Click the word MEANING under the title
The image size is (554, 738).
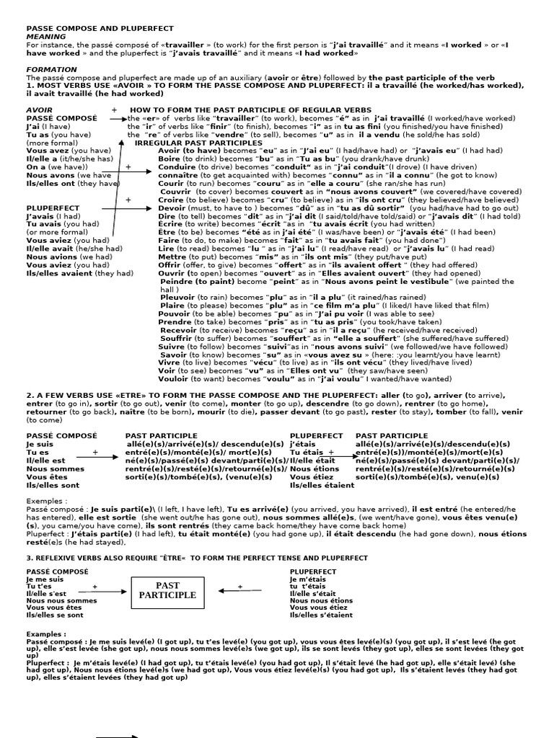[x=46, y=36]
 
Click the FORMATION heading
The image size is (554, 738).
[x=52, y=69]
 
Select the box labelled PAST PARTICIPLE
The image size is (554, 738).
[x=167, y=590]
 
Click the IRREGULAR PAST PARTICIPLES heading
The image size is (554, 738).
[x=199, y=143]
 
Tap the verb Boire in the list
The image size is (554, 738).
[x=170, y=159]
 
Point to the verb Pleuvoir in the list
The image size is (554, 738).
[x=178, y=296]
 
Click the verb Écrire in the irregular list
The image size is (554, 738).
[x=172, y=224]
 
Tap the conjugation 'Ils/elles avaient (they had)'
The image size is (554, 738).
[x=79, y=273]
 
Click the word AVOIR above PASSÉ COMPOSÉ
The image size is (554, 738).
[x=39, y=110]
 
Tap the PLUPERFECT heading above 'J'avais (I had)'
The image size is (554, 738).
[x=53, y=208]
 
